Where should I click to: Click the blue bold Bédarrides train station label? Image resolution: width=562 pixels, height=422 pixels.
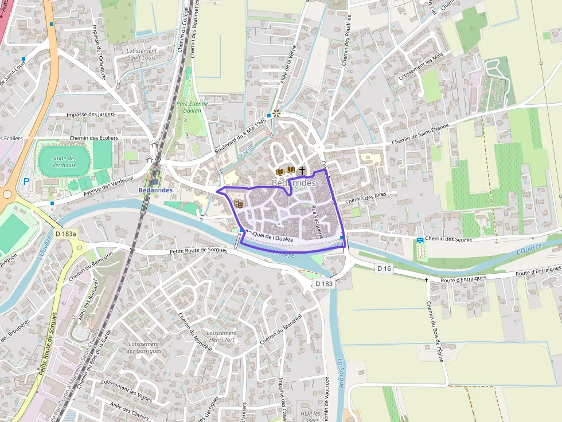pyautogui.click(x=155, y=190)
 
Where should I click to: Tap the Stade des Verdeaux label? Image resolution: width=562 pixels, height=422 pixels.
pyautogui.click(x=64, y=161)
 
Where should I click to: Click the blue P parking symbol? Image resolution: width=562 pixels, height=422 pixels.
pyautogui.click(x=26, y=182)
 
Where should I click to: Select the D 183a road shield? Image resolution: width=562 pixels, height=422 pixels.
pyautogui.click(x=66, y=234)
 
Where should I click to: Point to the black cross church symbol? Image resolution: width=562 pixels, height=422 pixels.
pyautogui.click(x=302, y=171)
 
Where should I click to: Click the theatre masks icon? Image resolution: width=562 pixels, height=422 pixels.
pyautogui.click(x=239, y=203)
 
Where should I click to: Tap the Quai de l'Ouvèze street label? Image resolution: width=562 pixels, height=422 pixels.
pyautogui.click(x=273, y=238)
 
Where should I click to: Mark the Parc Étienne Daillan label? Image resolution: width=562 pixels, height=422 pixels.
pyautogui.click(x=192, y=107)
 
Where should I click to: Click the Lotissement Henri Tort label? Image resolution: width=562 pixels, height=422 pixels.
pyautogui.click(x=221, y=336)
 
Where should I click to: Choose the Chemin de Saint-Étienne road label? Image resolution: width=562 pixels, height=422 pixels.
pyautogui.click(x=420, y=133)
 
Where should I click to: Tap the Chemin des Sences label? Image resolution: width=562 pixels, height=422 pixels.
pyautogui.click(x=449, y=239)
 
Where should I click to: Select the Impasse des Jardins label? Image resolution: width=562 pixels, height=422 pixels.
pyautogui.click(x=90, y=114)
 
